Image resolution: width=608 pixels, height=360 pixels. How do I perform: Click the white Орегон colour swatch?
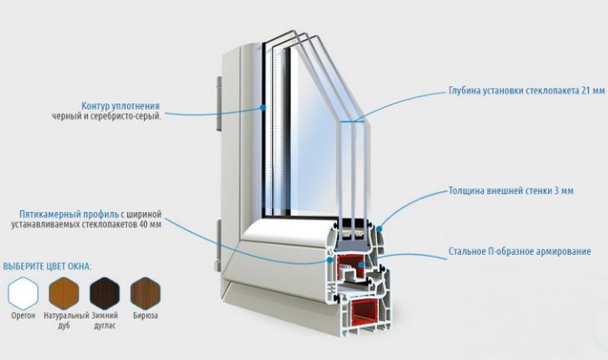click(x=24, y=293)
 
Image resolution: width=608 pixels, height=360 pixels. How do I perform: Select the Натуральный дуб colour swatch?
click(x=64, y=293)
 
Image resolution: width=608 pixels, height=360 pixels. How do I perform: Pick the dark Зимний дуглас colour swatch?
click(x=105, y=293)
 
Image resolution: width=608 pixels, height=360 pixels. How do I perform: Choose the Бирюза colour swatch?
click(x=145, y=293)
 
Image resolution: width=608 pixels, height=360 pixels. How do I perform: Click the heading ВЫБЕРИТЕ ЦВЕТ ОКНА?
click(x=47, y=267)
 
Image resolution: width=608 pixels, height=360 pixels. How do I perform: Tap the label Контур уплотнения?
click(x=121, y=106)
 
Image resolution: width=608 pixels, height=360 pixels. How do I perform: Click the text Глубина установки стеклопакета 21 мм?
click(x=526, y=91)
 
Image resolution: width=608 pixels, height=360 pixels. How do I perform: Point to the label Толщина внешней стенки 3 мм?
click(x=511, y=190)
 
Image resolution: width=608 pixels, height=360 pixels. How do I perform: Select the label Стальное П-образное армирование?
click(x=519, y=251)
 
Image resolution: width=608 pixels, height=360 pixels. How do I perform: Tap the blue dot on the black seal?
click(x=263, y=107)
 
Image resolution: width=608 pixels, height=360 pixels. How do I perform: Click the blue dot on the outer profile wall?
click(x=380, y=229)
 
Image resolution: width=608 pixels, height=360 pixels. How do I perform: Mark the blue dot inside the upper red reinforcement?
click(x=361, y=265)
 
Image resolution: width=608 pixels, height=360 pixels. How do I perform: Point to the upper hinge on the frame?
click(x=219, y=103)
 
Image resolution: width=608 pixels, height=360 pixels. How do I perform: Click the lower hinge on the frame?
click(x=218, y=245)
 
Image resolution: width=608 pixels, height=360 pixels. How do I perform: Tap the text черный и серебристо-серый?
click(x=107, y=116)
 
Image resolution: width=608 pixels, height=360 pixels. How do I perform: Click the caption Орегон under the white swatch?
click(x=24, y=316)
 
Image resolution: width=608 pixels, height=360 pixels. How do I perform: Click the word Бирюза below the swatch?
click(x=145, y=316)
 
